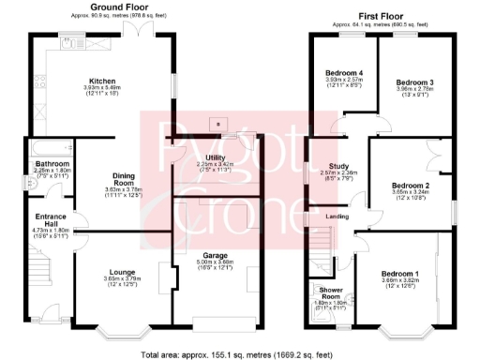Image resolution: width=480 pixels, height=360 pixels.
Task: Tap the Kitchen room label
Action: point(101,81)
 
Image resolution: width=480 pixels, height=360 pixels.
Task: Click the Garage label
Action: point(217,255)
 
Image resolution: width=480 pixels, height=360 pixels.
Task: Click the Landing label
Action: point(333,218)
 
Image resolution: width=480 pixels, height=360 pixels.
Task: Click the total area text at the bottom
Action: point(240,353)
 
